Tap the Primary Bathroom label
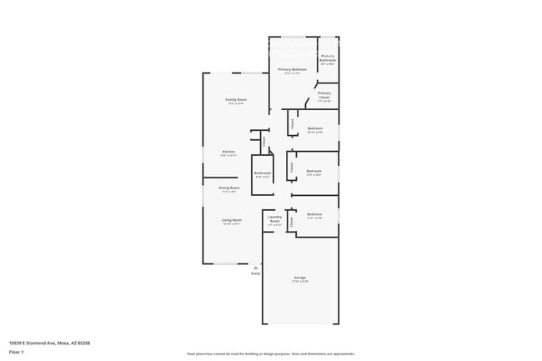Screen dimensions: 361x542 click(x=328, y=58)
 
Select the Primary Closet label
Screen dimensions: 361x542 click(x=324, y=94)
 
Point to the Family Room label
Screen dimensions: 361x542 click(x=236, y=99)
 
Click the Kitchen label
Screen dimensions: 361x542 click(x=228, y=152)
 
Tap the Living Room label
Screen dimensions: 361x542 click(x=231, y=220)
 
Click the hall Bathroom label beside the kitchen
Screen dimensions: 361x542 click(x=263, y=173)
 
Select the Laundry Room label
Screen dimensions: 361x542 click(x=274, y=219)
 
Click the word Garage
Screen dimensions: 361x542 click(x=299, y=277)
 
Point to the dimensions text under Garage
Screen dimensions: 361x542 click(x=299, y=282)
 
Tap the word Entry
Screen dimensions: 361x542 click(x=255, y=273)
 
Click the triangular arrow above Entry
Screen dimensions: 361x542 click(x=255, y=268)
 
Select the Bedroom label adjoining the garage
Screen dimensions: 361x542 click(x=314, y=214)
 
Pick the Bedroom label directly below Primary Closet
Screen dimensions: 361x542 click(x=314, y=128)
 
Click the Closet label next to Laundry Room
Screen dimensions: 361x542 click(x=292, y=223)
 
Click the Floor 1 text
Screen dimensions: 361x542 click(x=17, y=351)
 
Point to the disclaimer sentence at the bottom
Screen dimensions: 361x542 click(x=271, y=353)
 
